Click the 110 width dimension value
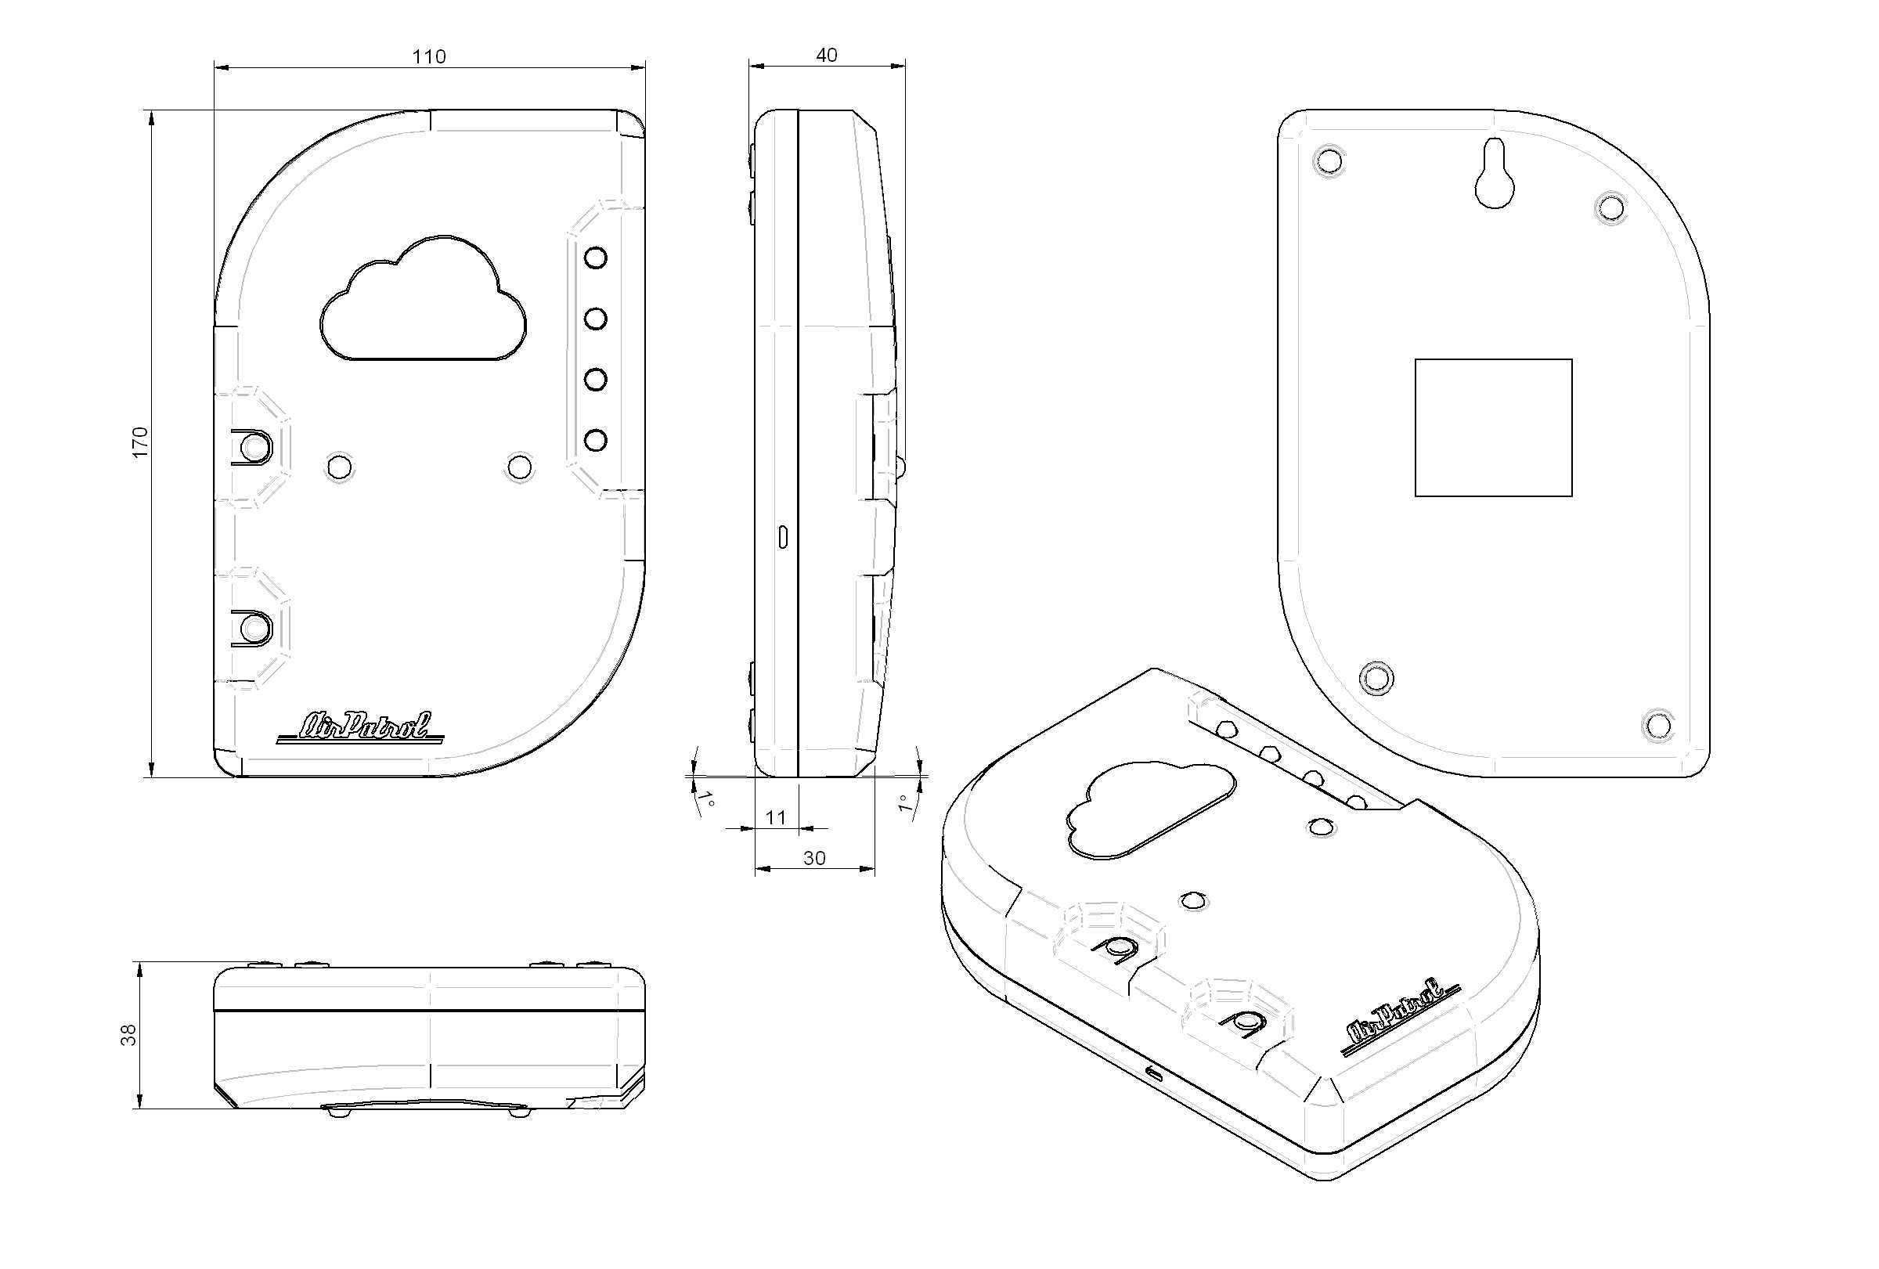point(429,56)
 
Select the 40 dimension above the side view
point(826,55)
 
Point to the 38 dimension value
point(129,1036)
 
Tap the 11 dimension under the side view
point(775,817)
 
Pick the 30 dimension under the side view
point(814,858)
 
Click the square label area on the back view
point(1493,427)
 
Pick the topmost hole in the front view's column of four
point(596,258)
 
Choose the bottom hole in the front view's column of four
point(596,441)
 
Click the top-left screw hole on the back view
point(1329,161)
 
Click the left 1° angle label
point(709,801)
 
